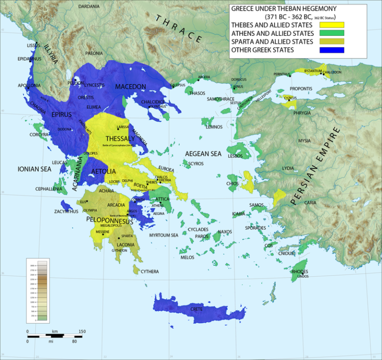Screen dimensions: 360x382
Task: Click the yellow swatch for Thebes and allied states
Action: coord(331,25)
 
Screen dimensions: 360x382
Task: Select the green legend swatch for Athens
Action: coord(331,33)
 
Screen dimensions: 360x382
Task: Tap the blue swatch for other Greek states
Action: coord(331,50)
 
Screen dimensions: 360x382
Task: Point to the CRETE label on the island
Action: coord(196,309)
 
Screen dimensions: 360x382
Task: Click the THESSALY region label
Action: coord(120,138)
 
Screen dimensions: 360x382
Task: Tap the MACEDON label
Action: coord(130,87)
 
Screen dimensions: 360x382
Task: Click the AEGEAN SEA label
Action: coord(203,154)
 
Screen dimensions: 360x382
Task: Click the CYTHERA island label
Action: coord(149,271)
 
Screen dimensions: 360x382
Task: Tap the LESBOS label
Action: coord(235,156)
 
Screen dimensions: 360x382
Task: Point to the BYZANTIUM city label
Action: coord(313,71)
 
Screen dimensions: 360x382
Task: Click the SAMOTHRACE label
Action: coord(220,99)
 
